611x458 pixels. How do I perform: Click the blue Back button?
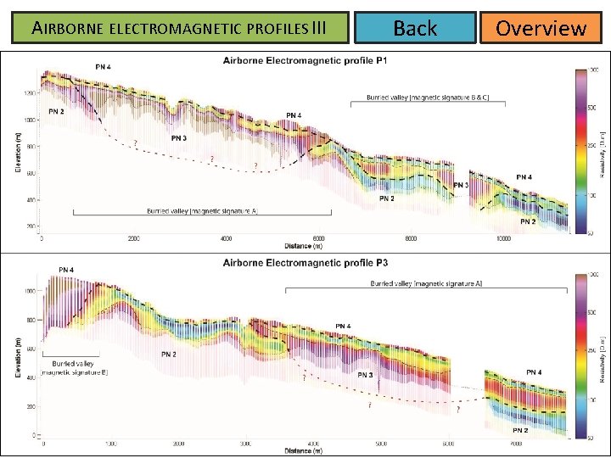(x=415, y=28)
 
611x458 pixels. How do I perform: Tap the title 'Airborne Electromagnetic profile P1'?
(x=305, y=60)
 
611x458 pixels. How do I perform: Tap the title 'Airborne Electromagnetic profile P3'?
(x=305, y=263)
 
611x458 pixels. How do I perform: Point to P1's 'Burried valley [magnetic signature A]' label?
(x=202, y=210)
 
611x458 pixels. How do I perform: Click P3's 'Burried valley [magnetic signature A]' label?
(x=425, y=283)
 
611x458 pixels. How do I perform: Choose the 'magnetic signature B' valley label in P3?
(x=74, y=367)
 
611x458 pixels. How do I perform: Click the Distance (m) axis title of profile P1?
(x=303, y=247)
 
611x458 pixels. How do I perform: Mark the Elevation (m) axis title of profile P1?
(x=18, y=150)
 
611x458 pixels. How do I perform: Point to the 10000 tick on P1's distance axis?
(x=504, y=239)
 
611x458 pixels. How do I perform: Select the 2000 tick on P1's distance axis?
(x=134, y=239)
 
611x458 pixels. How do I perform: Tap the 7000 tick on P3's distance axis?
(x=515, y=444)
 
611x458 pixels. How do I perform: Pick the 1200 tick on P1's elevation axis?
(x=31, y=92)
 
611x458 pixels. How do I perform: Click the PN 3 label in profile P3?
(x=365, y=375)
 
